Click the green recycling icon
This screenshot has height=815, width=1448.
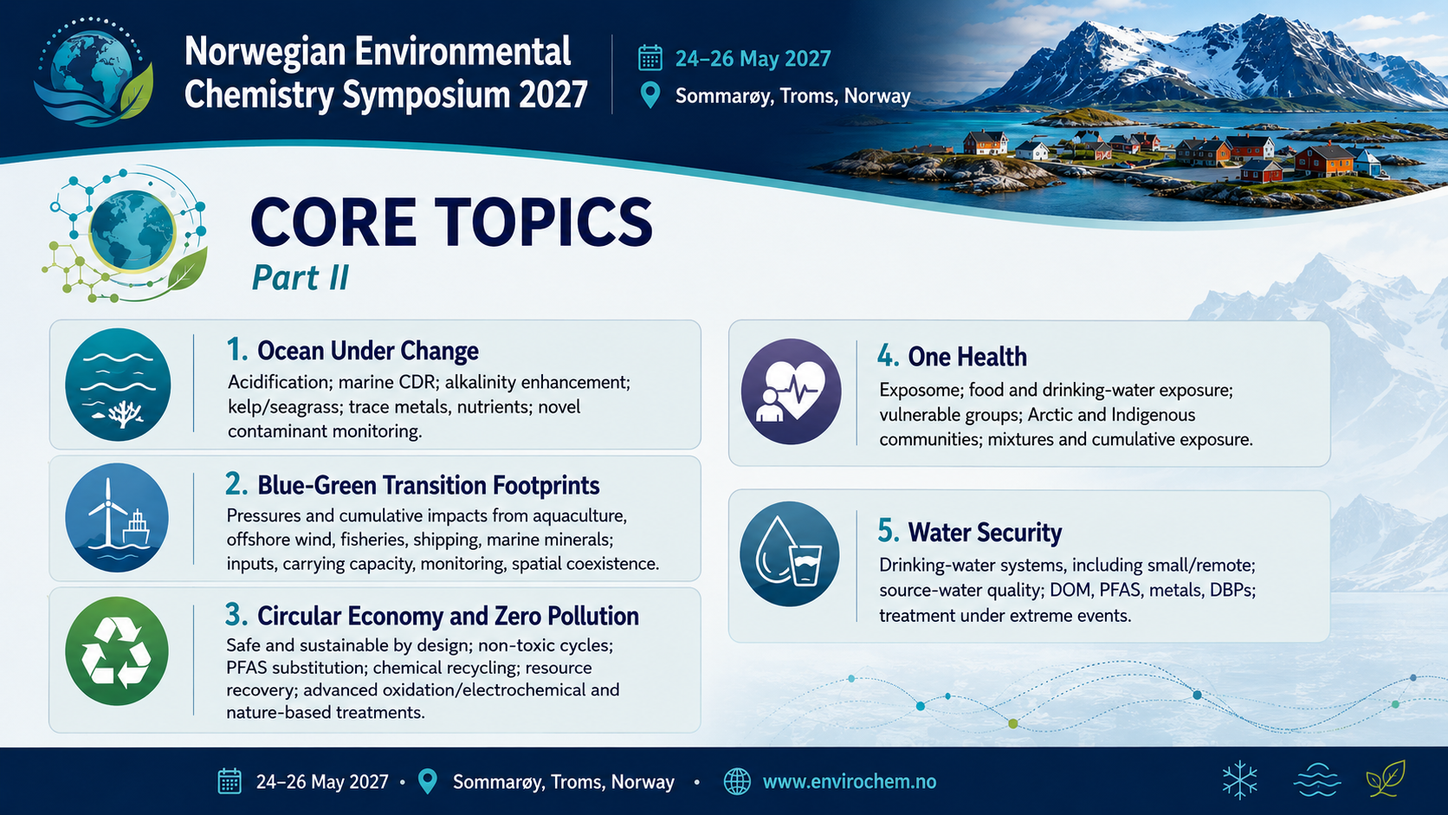point(117,650)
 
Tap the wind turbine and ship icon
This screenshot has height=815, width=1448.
point(117,517)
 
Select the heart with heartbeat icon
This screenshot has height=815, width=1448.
point(791,391)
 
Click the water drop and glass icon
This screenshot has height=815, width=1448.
point(789,554)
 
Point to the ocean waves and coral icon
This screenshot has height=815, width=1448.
point(118,385)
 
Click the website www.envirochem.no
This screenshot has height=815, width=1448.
point(850,781)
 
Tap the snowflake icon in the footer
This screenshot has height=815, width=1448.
point(1240,780)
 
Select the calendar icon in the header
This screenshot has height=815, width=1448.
point(650,58)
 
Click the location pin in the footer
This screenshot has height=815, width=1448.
point(427,781)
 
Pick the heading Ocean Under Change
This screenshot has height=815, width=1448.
point(368,351)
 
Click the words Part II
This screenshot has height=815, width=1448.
point(300,277)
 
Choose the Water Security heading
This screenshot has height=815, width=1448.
point(985,532)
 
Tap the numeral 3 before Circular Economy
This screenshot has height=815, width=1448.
point(236,615)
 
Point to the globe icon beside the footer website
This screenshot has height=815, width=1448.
point(737,781)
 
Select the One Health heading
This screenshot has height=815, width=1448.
point(967,357)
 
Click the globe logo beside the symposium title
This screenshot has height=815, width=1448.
point(94,73)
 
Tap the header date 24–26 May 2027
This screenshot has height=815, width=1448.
point(753,59)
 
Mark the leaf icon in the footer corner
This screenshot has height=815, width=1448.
point(1386,779)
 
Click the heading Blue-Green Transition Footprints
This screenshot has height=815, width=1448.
point(429,485)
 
